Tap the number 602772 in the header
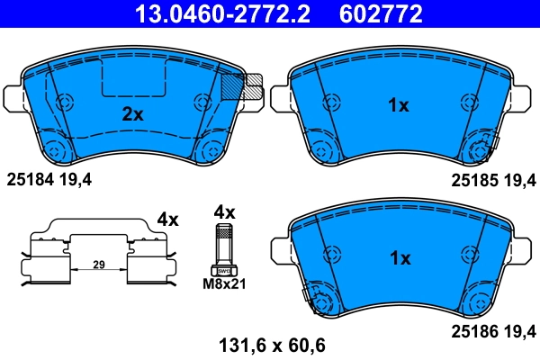pyautogui.click(x=380, y=13)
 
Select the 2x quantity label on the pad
pyautogui.click(x=133, y=114)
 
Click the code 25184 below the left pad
pyautogui.click(x=30, y=179)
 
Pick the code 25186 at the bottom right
pyautogui.click(x=474, y=331)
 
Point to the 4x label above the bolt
pyautogui.click(x=223, y=212)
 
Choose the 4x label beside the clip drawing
pyautogui.click(x=168, y=219)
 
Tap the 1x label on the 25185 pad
pyautogui.click(x=398, y=106)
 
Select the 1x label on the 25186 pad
pyautogui.click(x=398, y=258)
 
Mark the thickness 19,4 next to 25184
pyautogui.click(x=76, y=179)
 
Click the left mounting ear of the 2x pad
pyautogui.click(x=14, y=95)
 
